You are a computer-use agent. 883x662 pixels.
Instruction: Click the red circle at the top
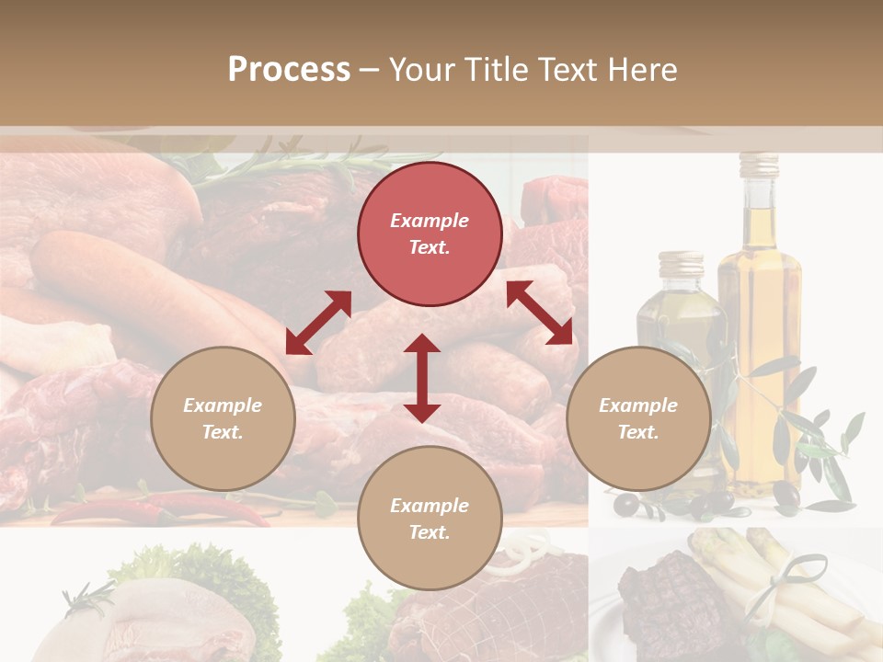click(430, 234)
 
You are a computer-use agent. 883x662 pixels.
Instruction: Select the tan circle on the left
click(223, 418)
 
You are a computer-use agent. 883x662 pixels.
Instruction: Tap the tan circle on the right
click(637, 418)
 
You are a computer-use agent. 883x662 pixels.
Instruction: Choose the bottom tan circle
click(430, 518)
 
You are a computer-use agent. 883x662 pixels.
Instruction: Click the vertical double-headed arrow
click(422, 378)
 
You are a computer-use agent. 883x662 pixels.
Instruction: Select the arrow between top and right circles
click(540, 313)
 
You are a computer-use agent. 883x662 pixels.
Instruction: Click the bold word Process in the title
click(289, 69)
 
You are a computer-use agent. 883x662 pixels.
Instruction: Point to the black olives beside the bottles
click(708, 502)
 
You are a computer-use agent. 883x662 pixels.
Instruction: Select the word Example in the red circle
click(430, 221)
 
